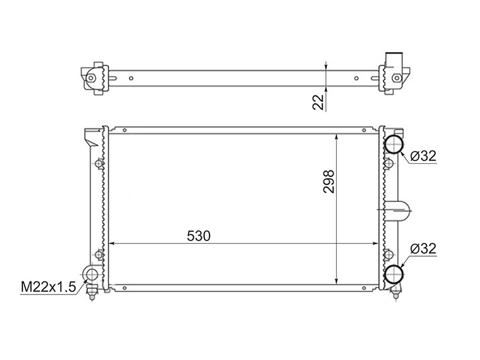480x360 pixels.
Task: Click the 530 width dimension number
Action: coord(199,236)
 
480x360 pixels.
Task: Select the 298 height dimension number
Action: coord(329,182)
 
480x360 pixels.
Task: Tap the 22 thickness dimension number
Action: coord(318,102)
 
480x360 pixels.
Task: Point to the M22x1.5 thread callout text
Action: coord(48,287)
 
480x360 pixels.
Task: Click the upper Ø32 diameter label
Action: coord(423,156)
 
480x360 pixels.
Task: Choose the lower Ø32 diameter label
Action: coord(423,248)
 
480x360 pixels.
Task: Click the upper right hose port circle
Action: coord(394,143)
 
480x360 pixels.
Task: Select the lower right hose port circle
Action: coord(394,274)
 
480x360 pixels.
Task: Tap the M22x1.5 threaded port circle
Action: coord(91,273)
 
